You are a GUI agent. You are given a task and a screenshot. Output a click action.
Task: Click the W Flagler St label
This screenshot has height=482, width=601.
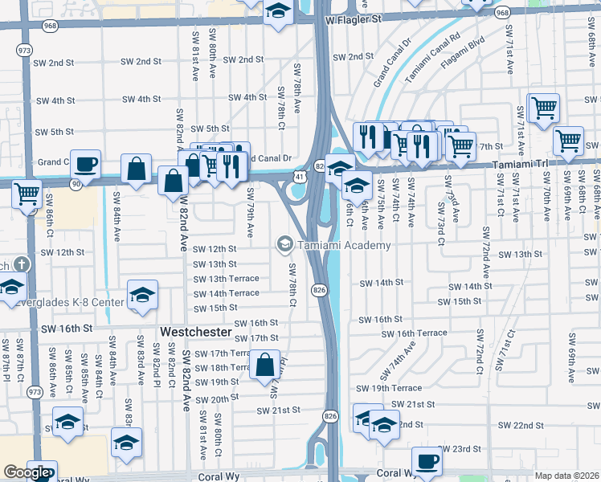coord(362,18)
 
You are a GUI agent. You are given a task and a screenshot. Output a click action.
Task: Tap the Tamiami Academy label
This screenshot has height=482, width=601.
coord(345,245)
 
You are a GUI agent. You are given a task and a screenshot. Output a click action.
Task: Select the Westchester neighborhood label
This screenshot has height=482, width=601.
coord(196,331)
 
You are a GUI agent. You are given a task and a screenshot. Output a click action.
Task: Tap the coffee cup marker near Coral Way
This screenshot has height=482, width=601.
coord(427,463)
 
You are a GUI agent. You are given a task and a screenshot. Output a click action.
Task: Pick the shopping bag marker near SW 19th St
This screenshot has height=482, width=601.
coord(265,366)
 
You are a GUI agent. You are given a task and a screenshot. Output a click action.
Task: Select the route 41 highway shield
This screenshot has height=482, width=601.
coord(299,174)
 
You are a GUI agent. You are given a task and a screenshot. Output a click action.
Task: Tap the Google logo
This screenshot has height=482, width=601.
coord(27,472)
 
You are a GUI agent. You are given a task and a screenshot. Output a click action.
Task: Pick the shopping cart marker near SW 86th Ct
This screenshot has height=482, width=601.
coord(27,194)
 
